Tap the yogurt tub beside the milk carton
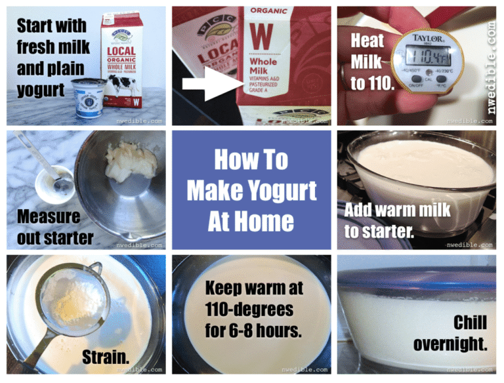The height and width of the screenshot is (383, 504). tap(90, 98)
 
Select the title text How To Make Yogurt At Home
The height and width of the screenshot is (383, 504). tap(251, 190)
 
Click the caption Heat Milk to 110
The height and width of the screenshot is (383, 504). tap(368, 62)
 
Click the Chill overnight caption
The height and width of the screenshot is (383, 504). tap(451, 333)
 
